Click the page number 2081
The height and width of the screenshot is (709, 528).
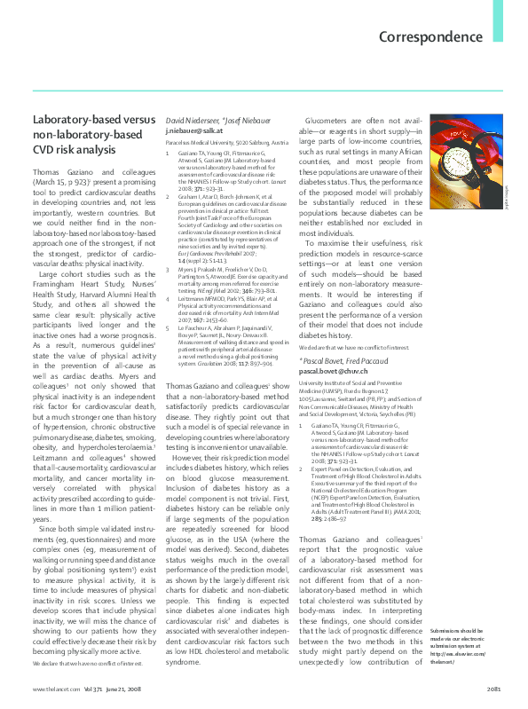(x=493, y=689)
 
